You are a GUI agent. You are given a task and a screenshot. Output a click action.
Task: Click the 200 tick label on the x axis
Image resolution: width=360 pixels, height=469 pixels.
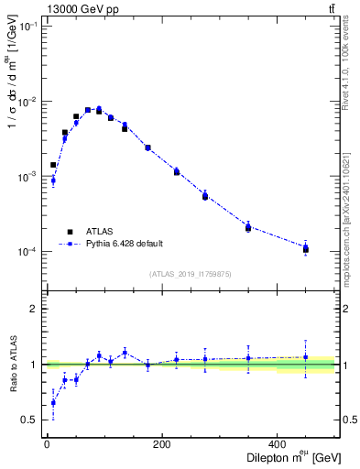pyautogui.click(x=161, y=445)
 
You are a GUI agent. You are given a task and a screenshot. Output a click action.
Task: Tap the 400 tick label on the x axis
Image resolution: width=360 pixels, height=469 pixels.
pyautogui.click(x=277, y=445)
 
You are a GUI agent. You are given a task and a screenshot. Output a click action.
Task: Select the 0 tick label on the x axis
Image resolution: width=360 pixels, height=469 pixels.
pyautogui.click(x=47, y=445)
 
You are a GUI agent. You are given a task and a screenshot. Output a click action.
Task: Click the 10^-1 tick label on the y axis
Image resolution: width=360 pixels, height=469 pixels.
pyautogui.click(x=27, y=26)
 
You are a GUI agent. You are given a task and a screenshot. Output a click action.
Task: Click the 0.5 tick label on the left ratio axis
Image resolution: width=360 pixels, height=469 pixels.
pyautogui.click(x=31, y=420)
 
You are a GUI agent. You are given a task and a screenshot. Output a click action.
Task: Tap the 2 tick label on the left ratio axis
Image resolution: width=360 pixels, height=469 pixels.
pyautogui.click(x=35, y=309)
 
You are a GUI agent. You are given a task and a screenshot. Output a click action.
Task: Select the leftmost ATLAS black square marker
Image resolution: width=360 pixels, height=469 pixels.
pyautogui.click(x=53, y=165)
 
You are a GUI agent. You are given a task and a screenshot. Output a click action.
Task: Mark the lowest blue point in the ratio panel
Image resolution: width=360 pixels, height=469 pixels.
pyautogui.click(x=53, y=402)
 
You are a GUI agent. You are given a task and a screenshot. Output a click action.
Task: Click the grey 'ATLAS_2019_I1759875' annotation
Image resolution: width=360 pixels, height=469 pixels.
pyautogui.click(x=189, y=273)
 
